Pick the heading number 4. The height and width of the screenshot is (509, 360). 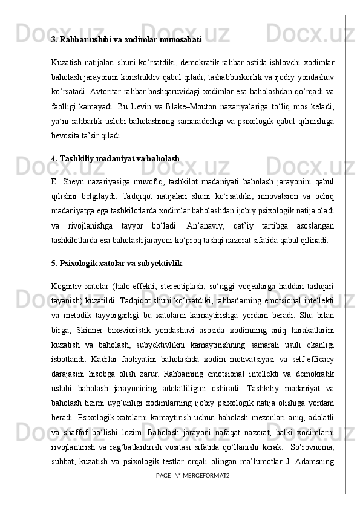[x=54, y=158]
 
